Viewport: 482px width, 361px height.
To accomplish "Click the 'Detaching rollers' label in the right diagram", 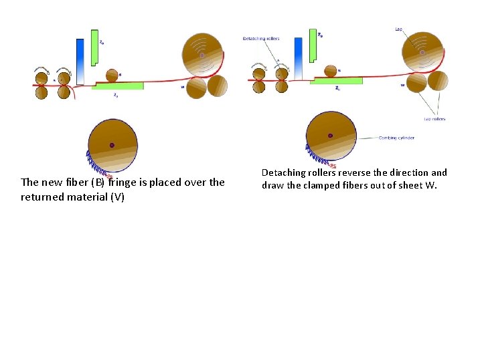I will pyautogui.click(x=261, y=39).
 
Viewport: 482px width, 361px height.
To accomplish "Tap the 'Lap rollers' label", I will pyautogui.click(x=434, y=119).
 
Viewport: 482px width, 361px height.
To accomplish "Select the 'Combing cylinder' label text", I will pyautogui.click(x=396, y=138).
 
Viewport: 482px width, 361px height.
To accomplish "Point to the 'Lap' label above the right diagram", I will pyautogui.click(x=398, y=29).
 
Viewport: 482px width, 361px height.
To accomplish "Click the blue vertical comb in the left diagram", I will pyautogui.click(x=80, y=60).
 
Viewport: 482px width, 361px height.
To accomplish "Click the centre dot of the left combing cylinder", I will pyautogui.click(x=112, y=145).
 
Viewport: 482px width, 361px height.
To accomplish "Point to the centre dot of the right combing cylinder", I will pyautogui.click(x=330, y=136).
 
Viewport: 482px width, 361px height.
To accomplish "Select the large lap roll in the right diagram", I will pyautogui.click(x=422, y=51).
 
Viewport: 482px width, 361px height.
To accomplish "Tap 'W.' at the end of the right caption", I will pyautogui.click(x=430, y=185).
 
